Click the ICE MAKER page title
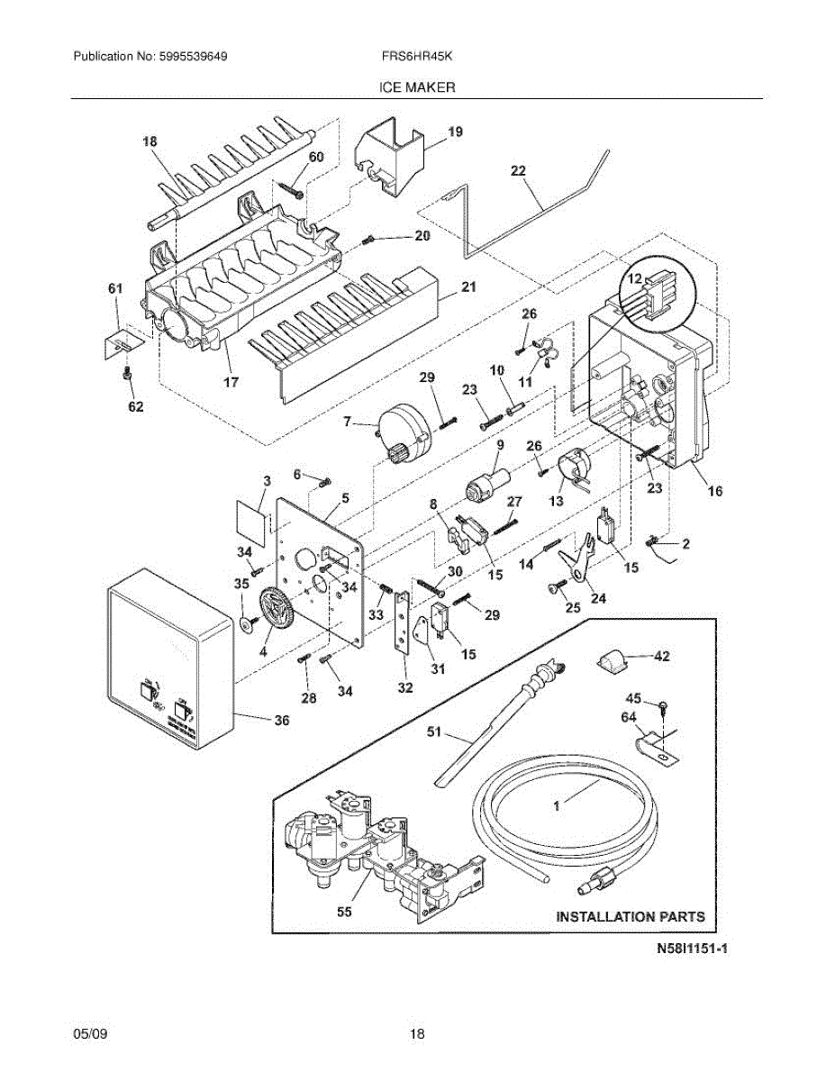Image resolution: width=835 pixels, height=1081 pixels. (x=416, y=87)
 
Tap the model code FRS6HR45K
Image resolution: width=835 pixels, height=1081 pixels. (x=416, y=57)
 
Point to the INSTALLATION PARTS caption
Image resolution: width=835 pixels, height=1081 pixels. (x=630, y=917)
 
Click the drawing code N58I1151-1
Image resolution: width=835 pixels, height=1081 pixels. (x=691, y=949)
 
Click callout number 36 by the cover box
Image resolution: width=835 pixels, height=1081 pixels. (x=282, y=721)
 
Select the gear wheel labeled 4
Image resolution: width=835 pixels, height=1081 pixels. (x=277, y=612)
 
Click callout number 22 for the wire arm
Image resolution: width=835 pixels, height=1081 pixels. (x=519, y=170)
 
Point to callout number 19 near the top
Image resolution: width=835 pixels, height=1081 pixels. (x=455, y=132)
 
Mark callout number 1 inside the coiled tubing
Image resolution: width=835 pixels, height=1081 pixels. (x=557, y=806)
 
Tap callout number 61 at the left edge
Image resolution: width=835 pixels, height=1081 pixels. (x=115, y=288)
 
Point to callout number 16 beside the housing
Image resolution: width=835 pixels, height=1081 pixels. (x=714, y=491)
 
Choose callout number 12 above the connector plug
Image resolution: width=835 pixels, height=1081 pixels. (x=638, y=280)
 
